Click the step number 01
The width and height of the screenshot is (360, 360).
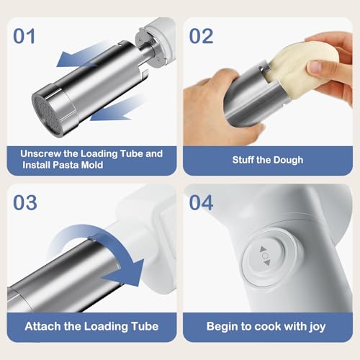click(25, 35)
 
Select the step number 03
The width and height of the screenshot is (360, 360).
click(25, 202)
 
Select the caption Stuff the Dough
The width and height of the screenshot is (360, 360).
click(268, 160)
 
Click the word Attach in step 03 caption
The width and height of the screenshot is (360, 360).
click(42, 326)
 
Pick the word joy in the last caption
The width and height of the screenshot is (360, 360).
click(315, 326)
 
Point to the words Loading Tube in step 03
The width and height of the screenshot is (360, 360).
click(114, 326)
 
